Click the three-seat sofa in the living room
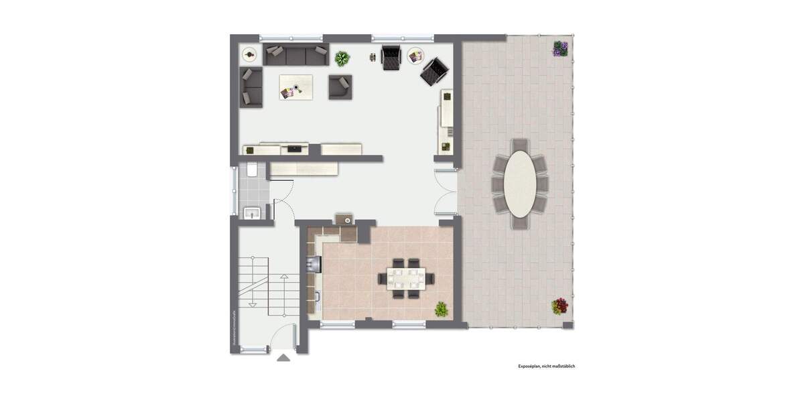pyautogui.click(x=295, y=55)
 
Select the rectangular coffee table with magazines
pyautogui.click(x=296, y=87)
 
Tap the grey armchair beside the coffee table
pyautogui.click(x=340, y=87)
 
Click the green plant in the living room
pyautogui.click(x=342, y=59)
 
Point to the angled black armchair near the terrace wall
pyautogui.click(x=433, y=71)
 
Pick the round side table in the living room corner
pyautogui.click(x=249, y=54)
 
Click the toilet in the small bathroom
pyautogui.click(x=252, y=170)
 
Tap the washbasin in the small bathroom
pyautogui.click(x=252, y=213)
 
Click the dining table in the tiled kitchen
pyautogui.click(x=405, y=277)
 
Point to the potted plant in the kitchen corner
pyautogui.click(x=442, y=309)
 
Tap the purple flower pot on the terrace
pyautogui.click(x=560, y=48)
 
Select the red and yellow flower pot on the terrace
pyautogui.click(x=559, y=306)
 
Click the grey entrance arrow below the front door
pyautogui.click(x=284, y=357)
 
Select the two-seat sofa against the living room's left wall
pyautogui.click(x=251, y=87)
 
